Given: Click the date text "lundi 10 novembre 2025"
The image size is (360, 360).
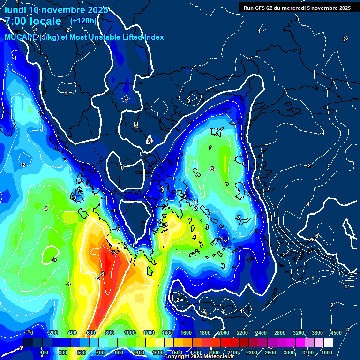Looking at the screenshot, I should pos(57,10).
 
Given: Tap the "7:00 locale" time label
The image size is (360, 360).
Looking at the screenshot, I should pos(33,21).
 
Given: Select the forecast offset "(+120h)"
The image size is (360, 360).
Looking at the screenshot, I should pos(83,21).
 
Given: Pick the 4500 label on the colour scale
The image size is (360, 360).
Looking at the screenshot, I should pos(336,333).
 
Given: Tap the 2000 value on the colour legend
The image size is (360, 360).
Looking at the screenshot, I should pos(223,333).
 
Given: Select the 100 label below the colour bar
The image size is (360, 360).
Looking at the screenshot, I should pos(45,352).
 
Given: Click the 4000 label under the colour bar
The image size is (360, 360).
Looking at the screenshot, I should pos(327,352).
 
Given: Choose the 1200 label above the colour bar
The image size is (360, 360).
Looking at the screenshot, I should pos(148,333).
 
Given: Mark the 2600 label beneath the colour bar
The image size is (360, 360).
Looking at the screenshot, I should pos(270,352).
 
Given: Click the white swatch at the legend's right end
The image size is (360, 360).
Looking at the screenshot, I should pos(328,343).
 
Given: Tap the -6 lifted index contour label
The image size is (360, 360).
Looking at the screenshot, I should pos(102,274).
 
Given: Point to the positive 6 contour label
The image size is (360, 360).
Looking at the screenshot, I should pos(317,236).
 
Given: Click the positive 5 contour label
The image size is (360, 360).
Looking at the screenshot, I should pos(313,240).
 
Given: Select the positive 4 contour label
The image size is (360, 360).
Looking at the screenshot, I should pos(308,204).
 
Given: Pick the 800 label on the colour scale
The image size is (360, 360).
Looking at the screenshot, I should pos(110,333).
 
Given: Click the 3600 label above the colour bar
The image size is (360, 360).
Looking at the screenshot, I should pos(317,333).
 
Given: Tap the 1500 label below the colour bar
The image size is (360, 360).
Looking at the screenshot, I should pos(177,352).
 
